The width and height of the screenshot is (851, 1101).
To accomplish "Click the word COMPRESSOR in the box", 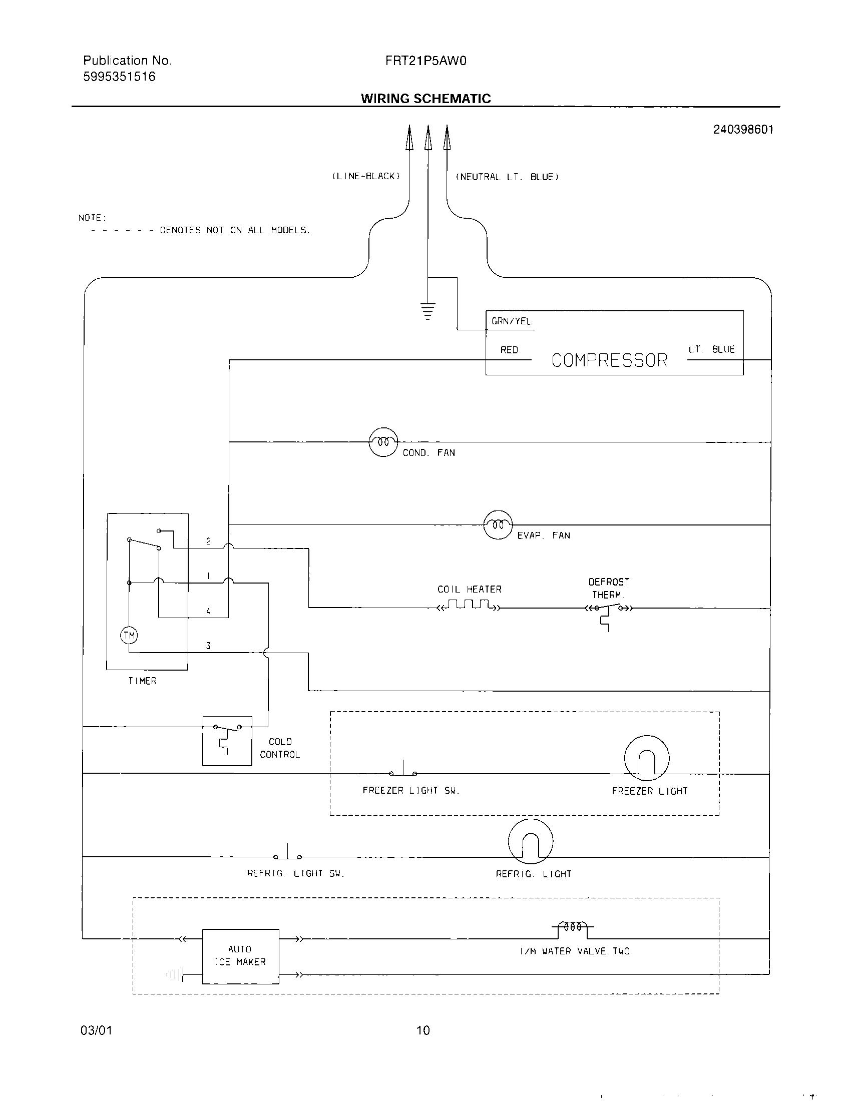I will click(x=609, y=360).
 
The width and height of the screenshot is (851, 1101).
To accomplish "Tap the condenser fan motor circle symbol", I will click(x=383, y=442).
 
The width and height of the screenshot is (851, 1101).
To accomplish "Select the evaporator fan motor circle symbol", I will click(x=498, y=525).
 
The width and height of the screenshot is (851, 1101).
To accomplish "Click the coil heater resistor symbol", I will click(x=469, y=606).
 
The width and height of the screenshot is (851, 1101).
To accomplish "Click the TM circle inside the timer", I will click(x=129, y=635).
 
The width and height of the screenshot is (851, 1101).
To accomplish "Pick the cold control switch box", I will click(x=227, y=741).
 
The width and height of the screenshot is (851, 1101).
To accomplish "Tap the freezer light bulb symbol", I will click(x=646, y=758).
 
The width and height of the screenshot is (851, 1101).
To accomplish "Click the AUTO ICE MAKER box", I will click(x=240, y=956).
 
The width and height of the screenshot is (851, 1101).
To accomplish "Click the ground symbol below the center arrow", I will click(x=428, y=311).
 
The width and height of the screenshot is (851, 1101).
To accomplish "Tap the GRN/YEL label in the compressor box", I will click(x=511, y=321).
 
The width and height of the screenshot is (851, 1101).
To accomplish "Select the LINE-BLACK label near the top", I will click(x=366, y=177).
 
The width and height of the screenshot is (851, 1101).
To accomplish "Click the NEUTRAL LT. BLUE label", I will click(x=507, y=177).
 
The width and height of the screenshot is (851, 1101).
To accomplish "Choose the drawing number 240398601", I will click(x=742, y=130).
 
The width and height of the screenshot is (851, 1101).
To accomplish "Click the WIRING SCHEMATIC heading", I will click(x=425, y=98).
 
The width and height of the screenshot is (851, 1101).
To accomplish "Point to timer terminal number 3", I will click(x=208, y=645).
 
